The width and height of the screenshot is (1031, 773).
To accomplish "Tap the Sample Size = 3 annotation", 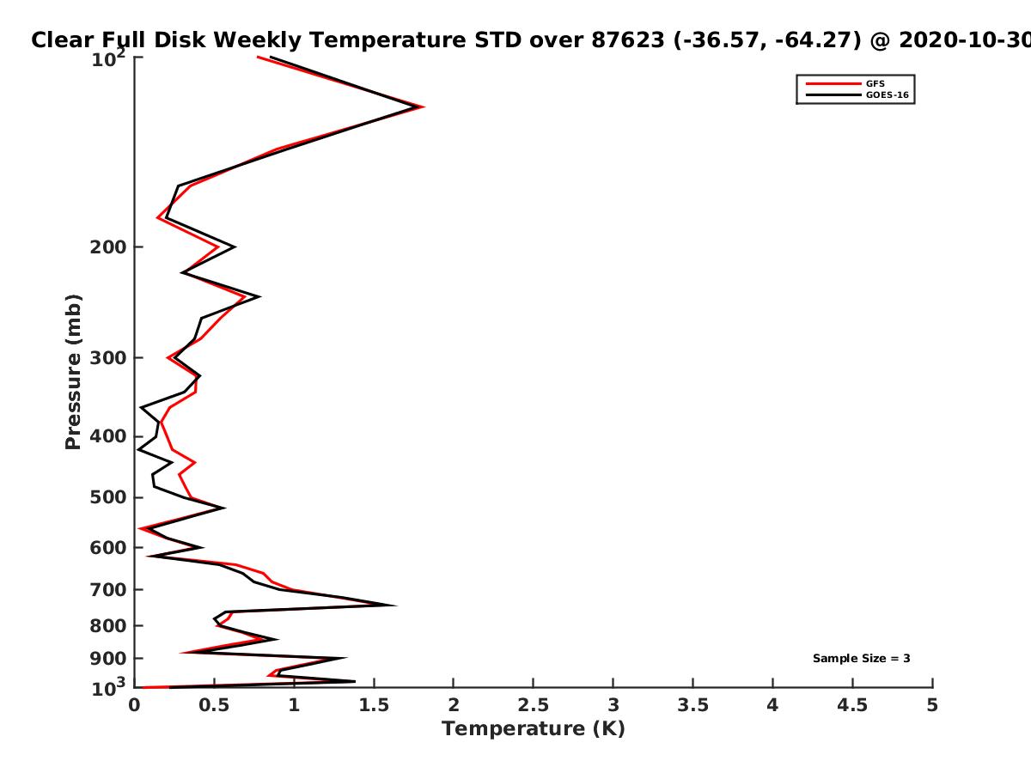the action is click(862, 658).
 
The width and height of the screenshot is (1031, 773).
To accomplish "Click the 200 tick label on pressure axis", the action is click(108, 247).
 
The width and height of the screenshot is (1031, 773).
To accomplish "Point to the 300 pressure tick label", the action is click(108, 357).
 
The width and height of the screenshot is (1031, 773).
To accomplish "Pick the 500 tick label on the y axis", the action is click(108, 497).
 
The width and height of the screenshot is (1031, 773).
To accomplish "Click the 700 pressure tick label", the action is click(108, 589).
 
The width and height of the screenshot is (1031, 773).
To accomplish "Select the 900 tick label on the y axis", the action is click(108, 659).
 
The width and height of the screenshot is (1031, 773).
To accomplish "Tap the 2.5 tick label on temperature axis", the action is click(534, 705).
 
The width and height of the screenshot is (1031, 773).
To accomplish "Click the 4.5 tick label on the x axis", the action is click(852, 705).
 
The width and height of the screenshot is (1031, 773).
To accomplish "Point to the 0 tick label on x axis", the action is click(134, 705).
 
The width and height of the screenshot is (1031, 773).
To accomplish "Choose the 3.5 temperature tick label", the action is click(692, 705).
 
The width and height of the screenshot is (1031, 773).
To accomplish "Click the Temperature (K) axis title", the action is click(534, 728).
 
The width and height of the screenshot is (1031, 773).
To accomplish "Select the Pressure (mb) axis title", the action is click(73, 372).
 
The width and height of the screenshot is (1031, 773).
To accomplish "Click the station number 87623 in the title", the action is click(628, 40).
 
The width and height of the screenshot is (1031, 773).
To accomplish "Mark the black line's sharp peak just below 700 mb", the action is click(396, 606).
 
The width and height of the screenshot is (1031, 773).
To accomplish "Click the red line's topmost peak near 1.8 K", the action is click(424, 107).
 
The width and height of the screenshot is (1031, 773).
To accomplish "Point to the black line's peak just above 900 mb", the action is click(345, 658).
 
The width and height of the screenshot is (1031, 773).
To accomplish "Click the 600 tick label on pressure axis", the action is click(108, 548).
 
